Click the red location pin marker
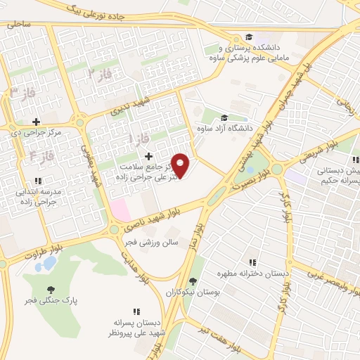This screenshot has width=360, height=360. point(181,165)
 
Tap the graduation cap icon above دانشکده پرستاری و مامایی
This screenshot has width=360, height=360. point(248,38)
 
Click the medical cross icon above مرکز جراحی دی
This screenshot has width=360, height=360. point(36,122)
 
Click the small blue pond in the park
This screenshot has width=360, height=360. point(49,264)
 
